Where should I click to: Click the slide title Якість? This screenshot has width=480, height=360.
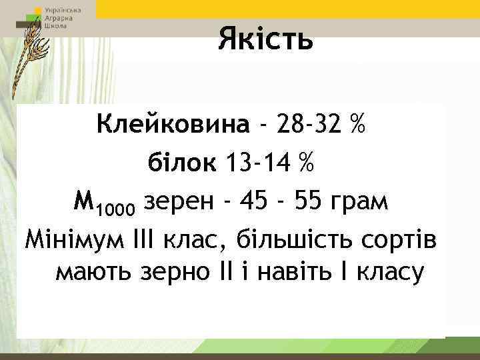(x=265, y=39)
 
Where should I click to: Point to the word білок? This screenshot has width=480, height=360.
(x=182, y=162)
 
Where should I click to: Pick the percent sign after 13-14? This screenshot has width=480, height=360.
(x=307, y=162)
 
